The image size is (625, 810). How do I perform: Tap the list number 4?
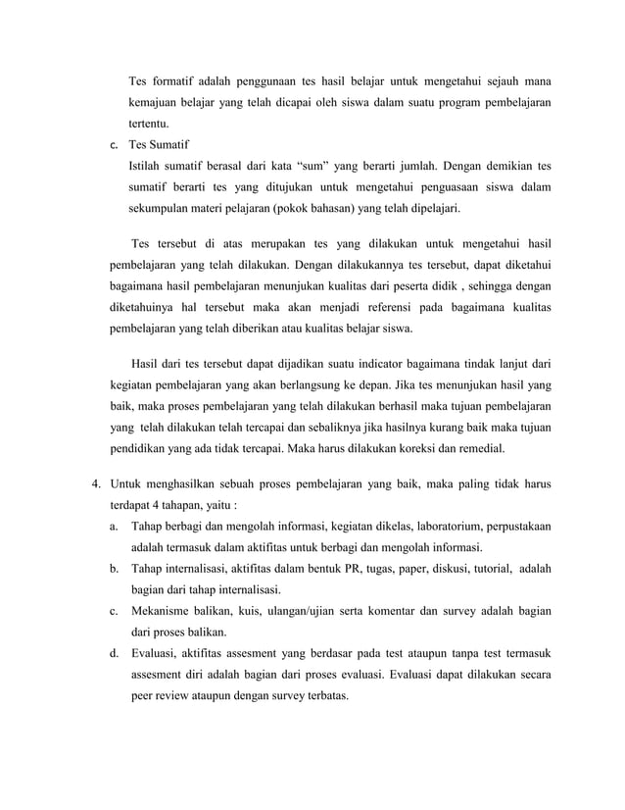click(95, 484)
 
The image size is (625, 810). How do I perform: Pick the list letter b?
click(115, 569)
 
